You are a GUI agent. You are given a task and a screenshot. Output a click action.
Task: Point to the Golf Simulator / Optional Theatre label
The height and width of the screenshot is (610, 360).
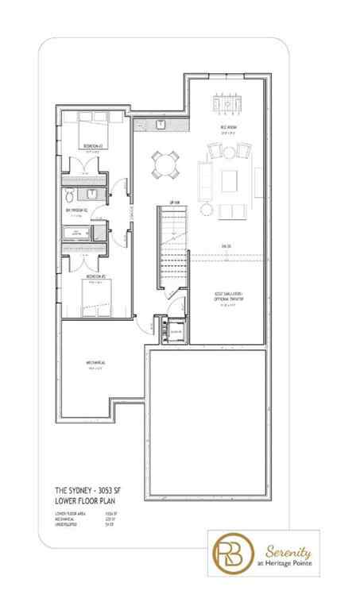227,295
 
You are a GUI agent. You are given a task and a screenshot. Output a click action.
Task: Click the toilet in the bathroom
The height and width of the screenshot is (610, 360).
69,195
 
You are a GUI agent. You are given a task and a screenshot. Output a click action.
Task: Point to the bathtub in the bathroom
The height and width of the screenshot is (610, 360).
79,232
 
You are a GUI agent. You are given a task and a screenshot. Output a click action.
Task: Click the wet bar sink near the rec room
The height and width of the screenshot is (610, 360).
160,125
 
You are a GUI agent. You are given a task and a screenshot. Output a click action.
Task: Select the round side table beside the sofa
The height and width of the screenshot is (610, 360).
207,209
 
